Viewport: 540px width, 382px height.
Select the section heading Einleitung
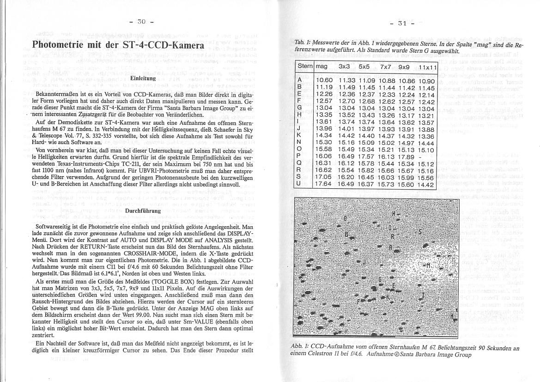(142, 79)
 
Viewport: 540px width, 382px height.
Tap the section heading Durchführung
(142, 211)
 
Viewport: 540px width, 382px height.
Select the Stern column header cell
(305, 67)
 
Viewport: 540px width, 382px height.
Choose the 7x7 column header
(386, 67)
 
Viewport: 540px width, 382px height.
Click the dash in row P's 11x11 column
(418, 157)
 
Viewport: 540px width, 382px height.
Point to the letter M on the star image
(427, 265)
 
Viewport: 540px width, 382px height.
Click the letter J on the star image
(364, 262)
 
